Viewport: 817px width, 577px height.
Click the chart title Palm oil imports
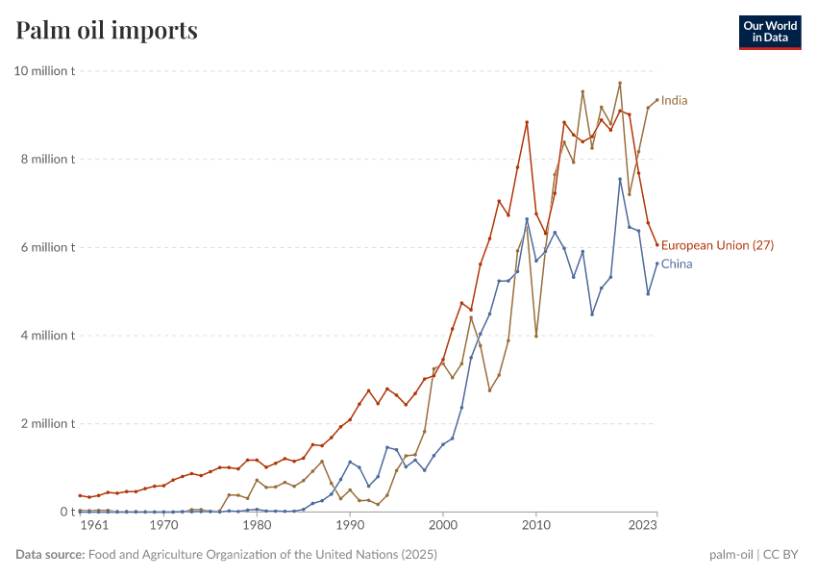pyautogui.click(x=107, y=31)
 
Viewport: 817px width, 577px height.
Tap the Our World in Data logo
pyautogui.click(x=769, y=32)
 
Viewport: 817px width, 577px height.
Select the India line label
pyautogui.click(x=674, y=100)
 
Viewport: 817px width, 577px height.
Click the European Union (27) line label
pyautogui.click(x=717, y=245)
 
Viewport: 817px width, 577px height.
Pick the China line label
pyautogui.click(x=677, y=263)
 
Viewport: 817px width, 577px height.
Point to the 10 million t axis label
pyautogui.click(x=44, y=71)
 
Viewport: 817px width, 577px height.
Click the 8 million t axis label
pyautogui.click(x=48, y=160)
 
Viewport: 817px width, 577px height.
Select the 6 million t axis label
pyautogui.click(x=48, y=247)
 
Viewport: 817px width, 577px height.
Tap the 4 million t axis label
pyautogui.click(x=48, y=336)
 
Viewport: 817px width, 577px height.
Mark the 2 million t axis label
pyautogui.click(x=48, y=423)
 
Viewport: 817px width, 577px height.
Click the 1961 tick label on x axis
pyautogui.click(x=93, y=526)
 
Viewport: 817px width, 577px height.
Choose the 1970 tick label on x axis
pyautogui.click(x=163, y=526)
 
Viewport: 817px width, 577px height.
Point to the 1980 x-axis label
pyautogui.click(x=257, y=526)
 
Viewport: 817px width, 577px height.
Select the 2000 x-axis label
pyautogui.click(x=443, y=526)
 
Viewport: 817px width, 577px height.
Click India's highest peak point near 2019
pyautogui.click(x=620, y=83)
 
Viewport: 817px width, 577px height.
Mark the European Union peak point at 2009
pyautogui.click(x=527, y=122)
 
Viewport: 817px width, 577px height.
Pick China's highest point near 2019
pyautogui.click(x=620, y=179)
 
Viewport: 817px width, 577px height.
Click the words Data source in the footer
pyautogui.click(x=49, y=555)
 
